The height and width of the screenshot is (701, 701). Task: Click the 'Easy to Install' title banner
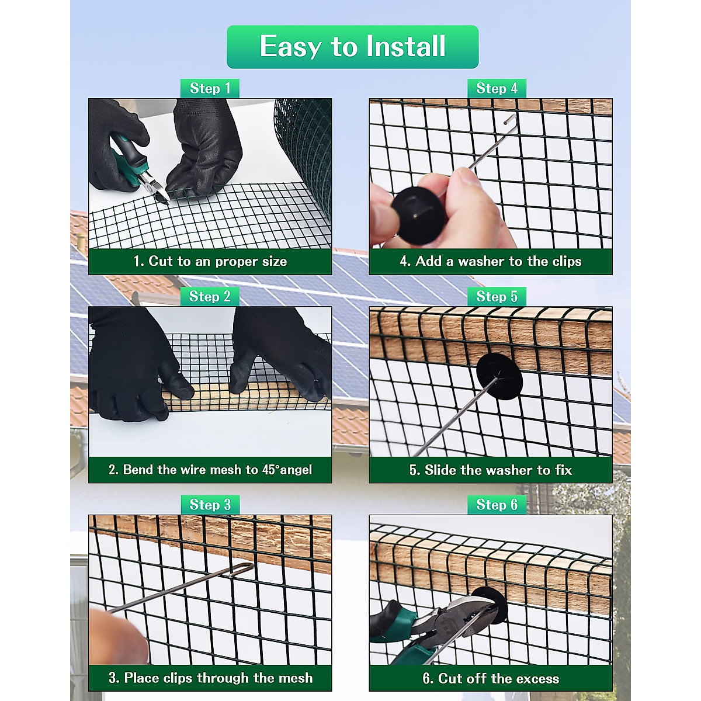[352, 47]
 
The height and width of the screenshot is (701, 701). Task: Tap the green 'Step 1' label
[210, 88]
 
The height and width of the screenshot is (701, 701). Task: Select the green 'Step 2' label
[210, 297]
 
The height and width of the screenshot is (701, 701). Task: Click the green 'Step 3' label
[210, 505]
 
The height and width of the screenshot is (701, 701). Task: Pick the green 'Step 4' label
[497, 88]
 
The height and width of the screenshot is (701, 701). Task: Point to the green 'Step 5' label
[497, 297]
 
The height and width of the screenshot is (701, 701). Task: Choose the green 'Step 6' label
[497, 505]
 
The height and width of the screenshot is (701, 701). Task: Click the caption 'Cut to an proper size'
[210, 261]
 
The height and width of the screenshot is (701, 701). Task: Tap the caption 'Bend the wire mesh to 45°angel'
[210, 470]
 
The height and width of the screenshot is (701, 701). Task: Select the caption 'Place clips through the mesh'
[210, 678]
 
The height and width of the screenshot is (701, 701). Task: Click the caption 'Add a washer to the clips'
[490, 261]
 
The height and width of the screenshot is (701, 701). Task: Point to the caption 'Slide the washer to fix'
[490, 470]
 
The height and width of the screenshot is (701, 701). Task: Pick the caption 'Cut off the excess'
[490, 679]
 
